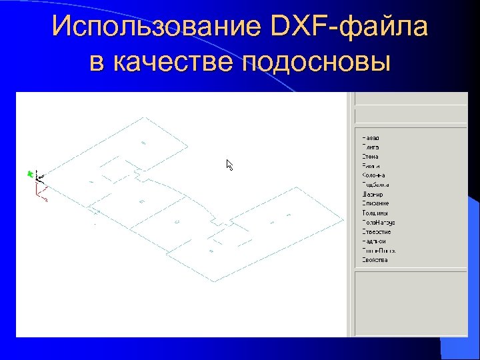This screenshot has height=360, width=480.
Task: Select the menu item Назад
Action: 371,138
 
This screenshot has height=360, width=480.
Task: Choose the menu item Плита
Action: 370,147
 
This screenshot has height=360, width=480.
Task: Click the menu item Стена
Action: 370,157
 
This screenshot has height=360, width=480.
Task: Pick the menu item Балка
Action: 371,166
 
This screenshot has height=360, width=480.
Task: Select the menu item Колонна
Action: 373,175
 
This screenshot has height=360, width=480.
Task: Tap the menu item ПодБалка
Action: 375,185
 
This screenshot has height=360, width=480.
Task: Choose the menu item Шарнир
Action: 372,194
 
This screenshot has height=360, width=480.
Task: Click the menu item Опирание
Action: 375,203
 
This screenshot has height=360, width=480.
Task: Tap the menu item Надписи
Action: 374,241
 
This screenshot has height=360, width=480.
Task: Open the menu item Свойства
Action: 375,260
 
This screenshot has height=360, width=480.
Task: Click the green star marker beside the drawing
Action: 29,174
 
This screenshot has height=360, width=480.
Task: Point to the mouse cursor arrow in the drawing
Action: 229,165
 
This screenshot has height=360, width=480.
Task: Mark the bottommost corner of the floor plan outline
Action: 214,281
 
